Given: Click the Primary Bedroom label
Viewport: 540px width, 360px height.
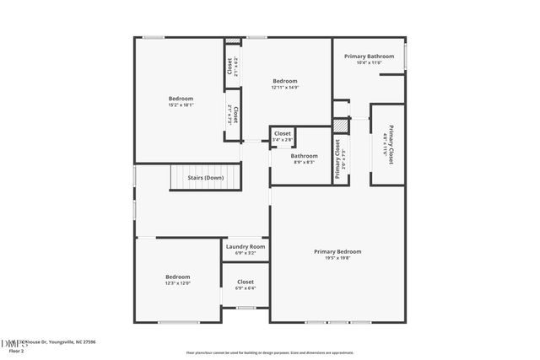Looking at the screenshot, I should [337, 251].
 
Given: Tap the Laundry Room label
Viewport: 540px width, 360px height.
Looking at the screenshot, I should [246, 246].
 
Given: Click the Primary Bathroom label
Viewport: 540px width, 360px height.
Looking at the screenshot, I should [369, 56].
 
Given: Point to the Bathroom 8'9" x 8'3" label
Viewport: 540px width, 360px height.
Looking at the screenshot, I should [305, 155].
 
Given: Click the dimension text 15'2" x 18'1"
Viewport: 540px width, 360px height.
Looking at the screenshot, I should [181, 105].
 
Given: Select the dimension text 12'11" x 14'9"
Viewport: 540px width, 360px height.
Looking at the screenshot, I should [284, 88].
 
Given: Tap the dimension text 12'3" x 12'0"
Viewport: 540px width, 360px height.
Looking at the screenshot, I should [177, 283].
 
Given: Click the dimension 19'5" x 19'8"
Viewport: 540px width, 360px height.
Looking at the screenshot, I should [337, 258].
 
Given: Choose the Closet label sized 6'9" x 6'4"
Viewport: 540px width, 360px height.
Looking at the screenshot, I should [246, 282].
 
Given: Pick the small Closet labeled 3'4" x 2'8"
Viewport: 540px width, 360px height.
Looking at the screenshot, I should [283, 133].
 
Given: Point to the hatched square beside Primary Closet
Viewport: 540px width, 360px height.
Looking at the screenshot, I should [339, 125].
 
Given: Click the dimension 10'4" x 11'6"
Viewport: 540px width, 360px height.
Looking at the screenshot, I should [369, 62].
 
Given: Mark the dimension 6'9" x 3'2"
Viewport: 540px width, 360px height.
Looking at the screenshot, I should [246, 253].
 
